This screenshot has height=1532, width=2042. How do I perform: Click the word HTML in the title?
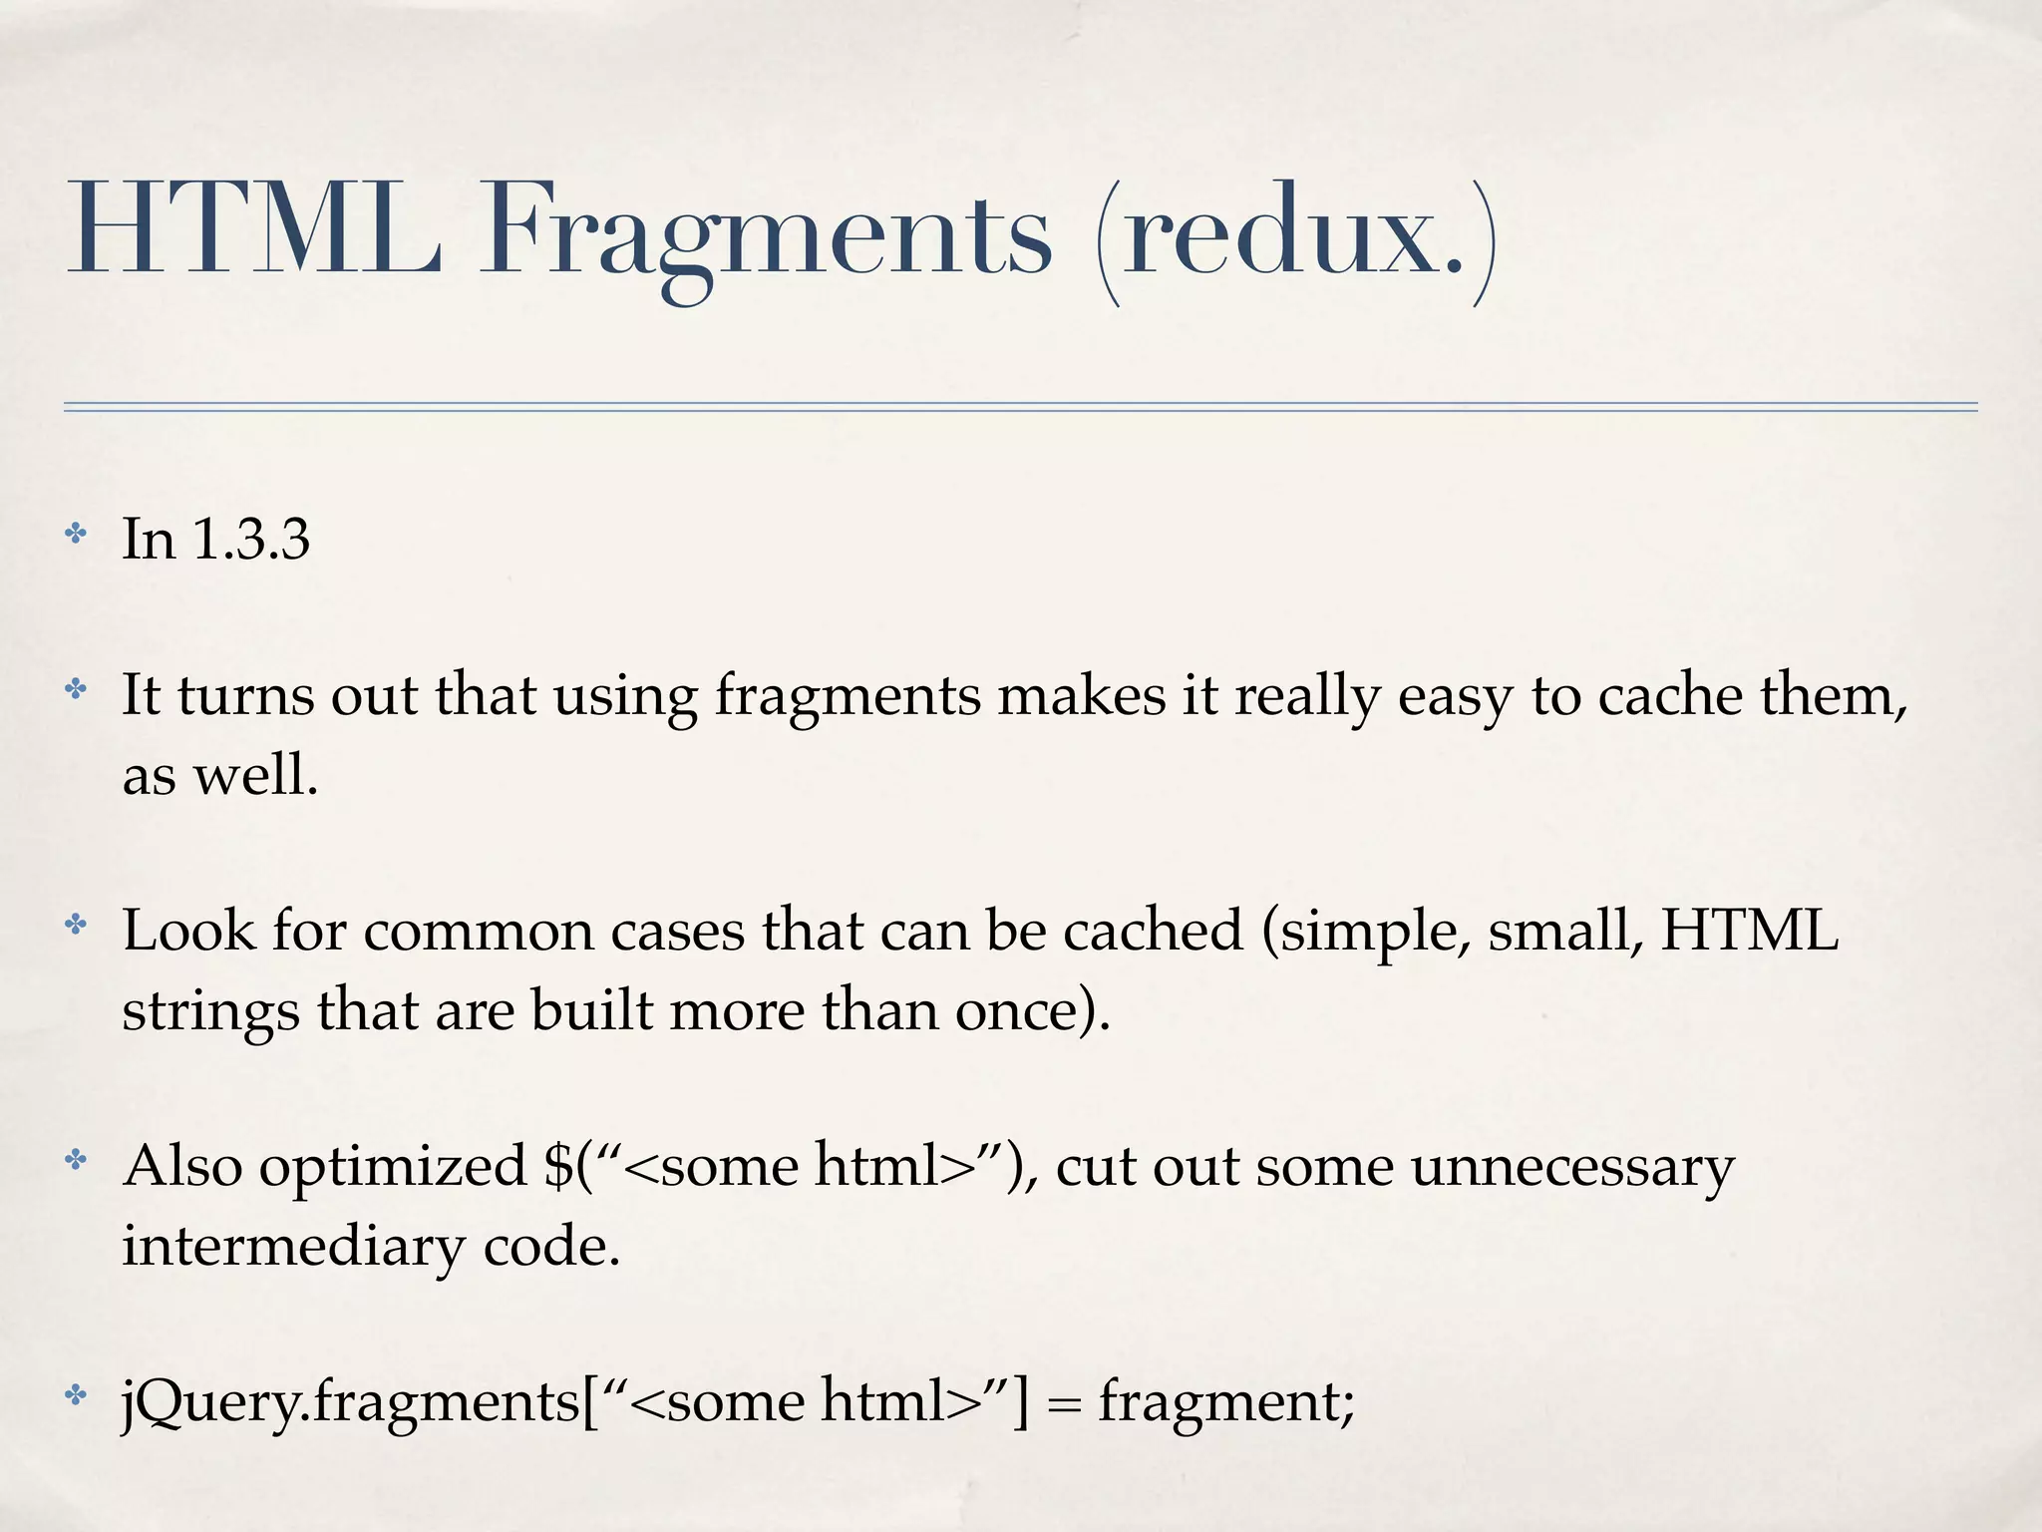[253, 231]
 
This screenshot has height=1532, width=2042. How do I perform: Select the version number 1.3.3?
[250, 540]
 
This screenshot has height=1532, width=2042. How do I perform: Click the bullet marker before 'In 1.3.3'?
[76, 534]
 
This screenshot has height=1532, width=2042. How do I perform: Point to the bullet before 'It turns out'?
[76, 689]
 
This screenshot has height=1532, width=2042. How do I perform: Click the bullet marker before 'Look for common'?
[76, 925]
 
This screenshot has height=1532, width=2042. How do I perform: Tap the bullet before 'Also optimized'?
[76, 1160]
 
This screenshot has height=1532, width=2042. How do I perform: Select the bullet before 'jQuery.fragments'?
[76, 1395]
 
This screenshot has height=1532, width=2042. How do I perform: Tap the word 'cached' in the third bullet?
[1153, 931]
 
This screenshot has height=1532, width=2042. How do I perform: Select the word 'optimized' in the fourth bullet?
[393, 1168]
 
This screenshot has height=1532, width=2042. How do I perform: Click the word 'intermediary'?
[294, 1247]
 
